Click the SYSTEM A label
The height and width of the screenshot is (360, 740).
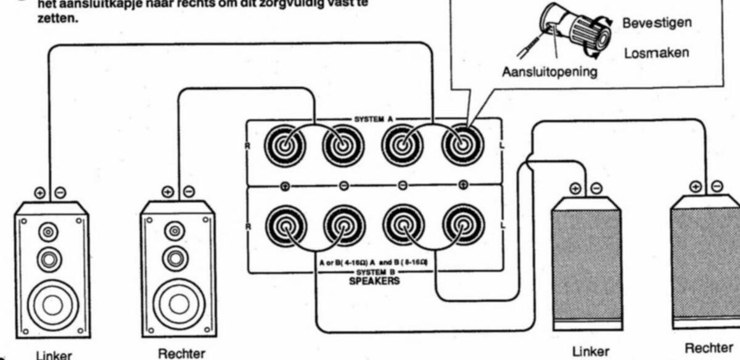374,117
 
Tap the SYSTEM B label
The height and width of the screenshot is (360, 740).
374,272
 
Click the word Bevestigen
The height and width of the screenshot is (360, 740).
657,23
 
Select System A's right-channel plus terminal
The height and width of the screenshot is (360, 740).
284,148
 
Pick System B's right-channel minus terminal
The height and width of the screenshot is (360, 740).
343,226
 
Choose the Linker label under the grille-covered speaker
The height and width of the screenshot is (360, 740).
586,351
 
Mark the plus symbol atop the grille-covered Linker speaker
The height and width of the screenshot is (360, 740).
575,188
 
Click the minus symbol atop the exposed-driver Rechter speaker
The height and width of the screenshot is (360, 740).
189,192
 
